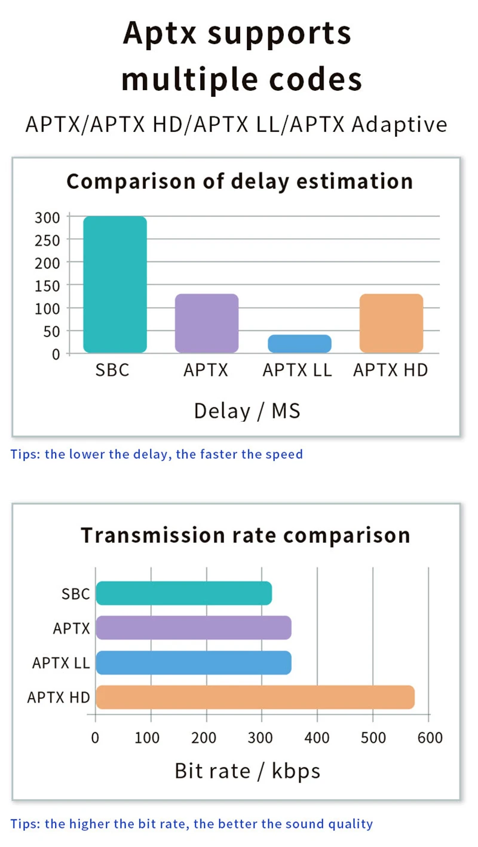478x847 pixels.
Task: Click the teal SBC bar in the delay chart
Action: click(x=115, y=284)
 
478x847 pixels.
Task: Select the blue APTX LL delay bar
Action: click(x=299, y=343)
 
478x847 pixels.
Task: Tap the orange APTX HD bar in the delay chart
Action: click(x=391, y=323)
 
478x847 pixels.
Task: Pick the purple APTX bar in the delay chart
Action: click(x=207, y=323)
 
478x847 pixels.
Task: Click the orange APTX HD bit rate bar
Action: click(x=255, y=697)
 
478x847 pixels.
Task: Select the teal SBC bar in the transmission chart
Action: click(x=184, y=593)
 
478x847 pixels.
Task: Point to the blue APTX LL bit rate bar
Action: click(x=194, y=662)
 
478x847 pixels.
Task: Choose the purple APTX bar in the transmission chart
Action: click(x=194, y=628)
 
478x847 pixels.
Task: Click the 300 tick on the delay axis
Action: click(x=47, y=217)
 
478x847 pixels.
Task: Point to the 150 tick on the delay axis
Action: click(x=47, y=286)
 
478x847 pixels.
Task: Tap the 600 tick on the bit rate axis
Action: click(x=430, y=738)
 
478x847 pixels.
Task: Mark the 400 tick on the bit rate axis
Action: click(x=317, y=738)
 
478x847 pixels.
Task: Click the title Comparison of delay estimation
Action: click(x=240, y=181)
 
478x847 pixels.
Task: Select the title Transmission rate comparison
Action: click(x=246, y=535)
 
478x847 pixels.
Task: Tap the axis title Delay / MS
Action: click(x=247, y=411)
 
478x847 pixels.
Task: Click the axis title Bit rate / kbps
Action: click(x=247, y=771)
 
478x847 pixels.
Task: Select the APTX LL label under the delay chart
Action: click(x=297, y=370)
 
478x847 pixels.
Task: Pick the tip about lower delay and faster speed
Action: click(x=157, y=454)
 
